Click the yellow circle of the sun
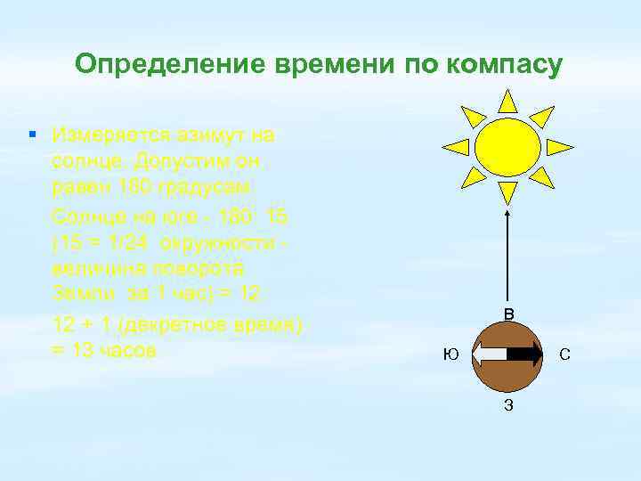click(507, 144)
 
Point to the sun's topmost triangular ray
click(507, 100)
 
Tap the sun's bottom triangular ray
click(507, 192)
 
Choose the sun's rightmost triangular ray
click(559, 146)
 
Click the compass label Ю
click(451, 355)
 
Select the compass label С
click(564, 355)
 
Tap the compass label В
click(508, 313)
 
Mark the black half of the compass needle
click(526, 355)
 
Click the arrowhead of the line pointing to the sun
click(507, 212)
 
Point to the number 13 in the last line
click(85, 350)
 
